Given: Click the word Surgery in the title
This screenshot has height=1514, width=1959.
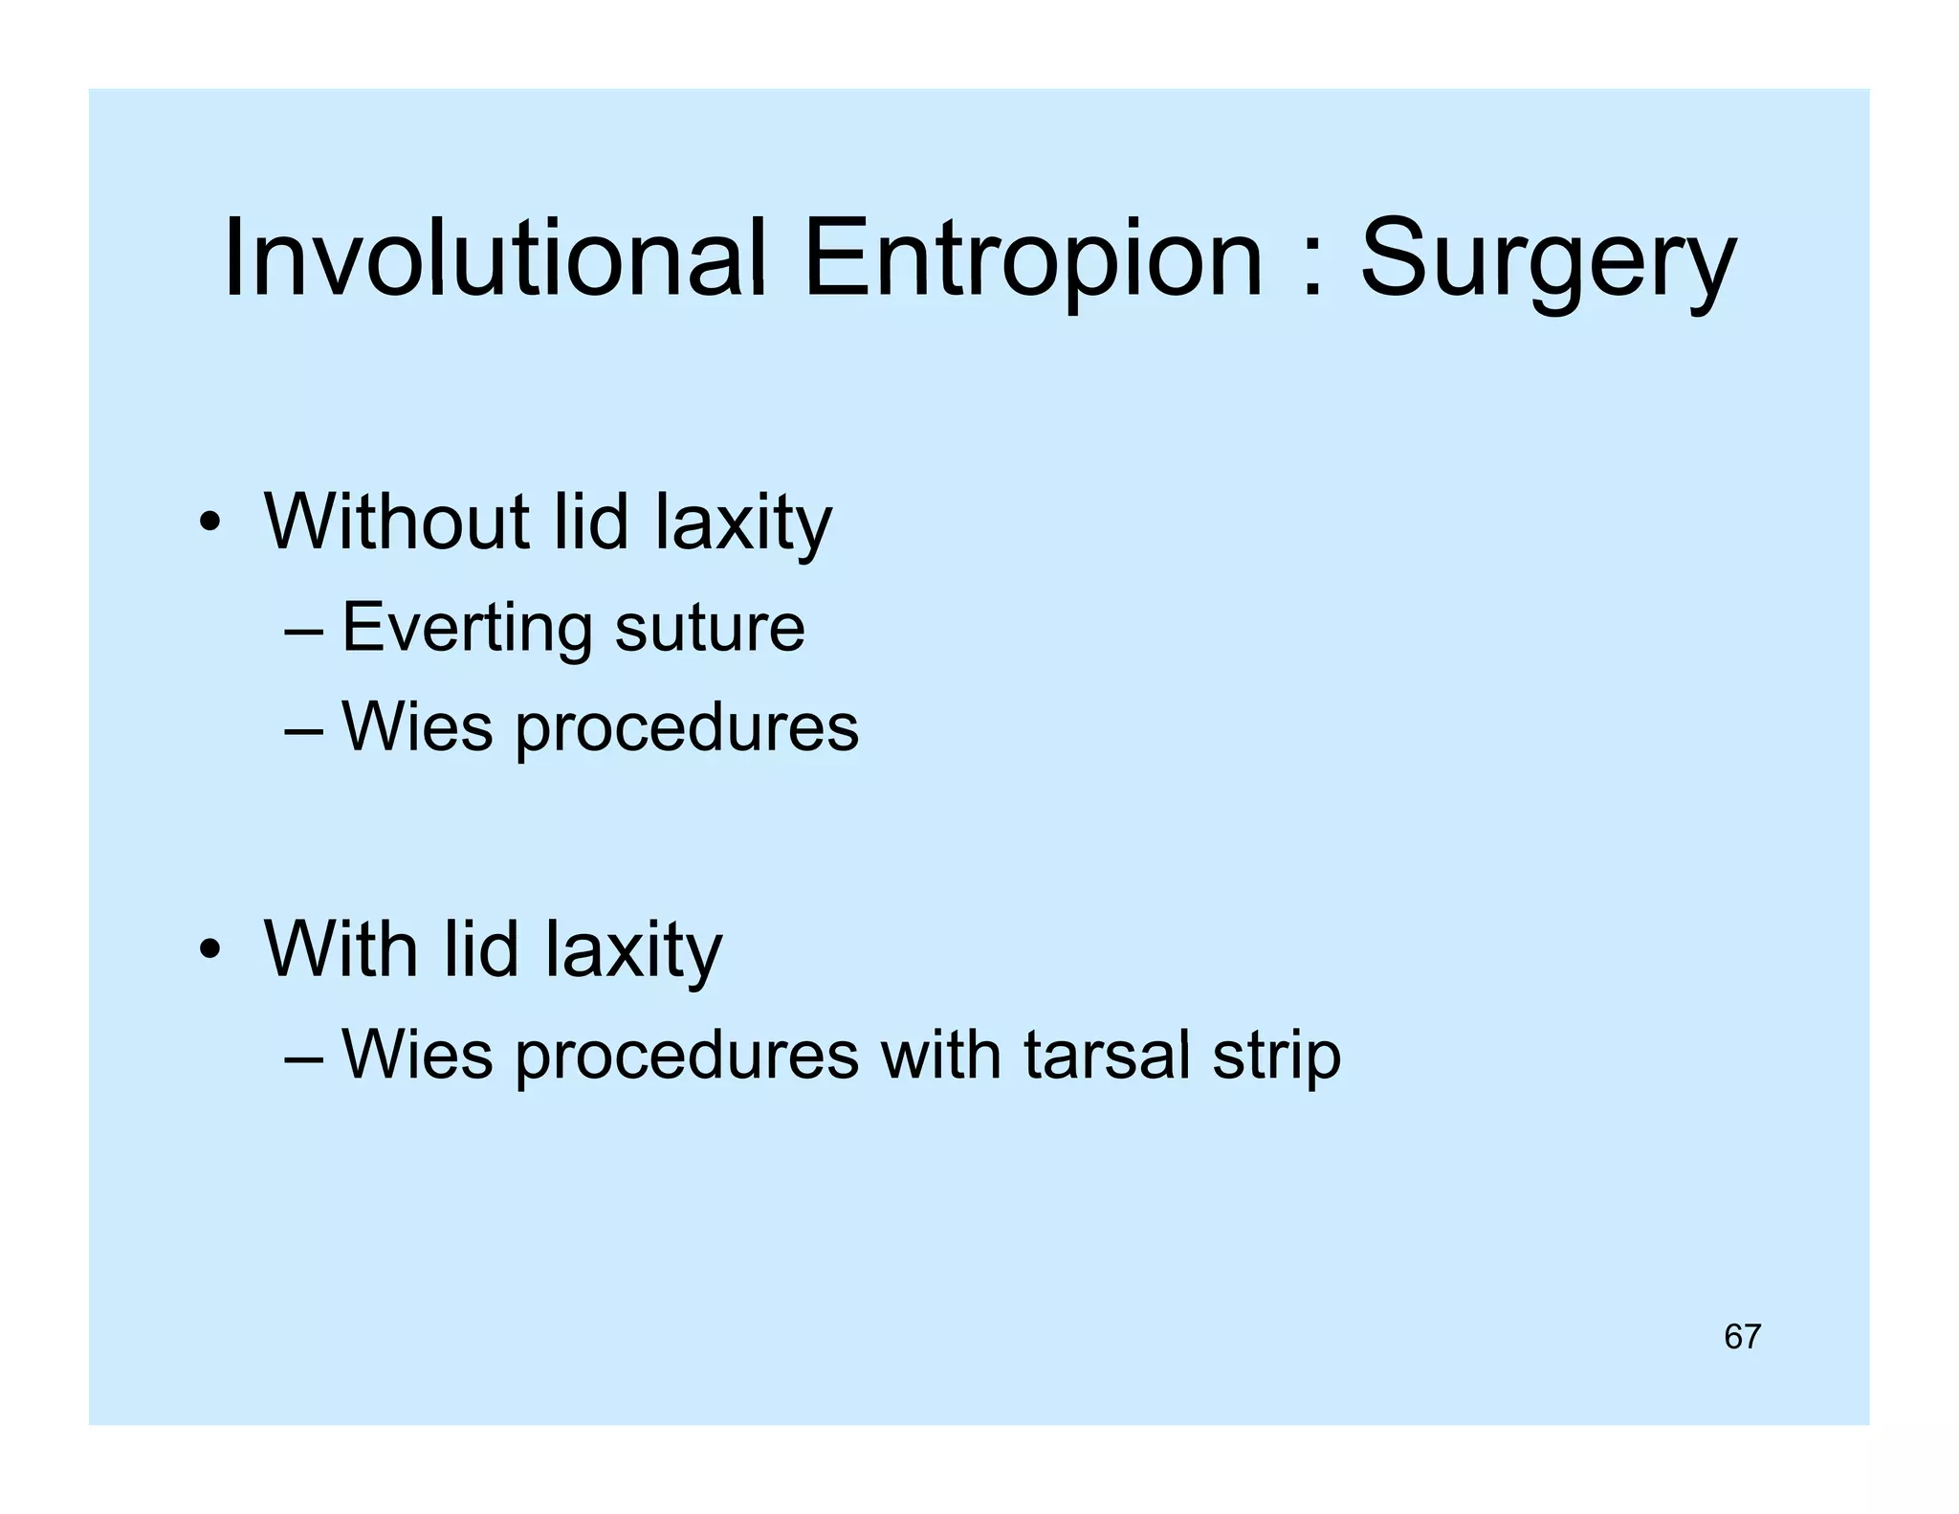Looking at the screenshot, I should point(1547,260).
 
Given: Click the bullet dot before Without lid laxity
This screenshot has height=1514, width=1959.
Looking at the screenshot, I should point(210,524).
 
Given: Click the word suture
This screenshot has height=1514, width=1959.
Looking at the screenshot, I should point(709,628).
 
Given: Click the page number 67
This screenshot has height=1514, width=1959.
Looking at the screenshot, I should point(1742,1336).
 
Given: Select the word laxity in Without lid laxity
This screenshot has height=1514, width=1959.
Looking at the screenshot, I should point(743,523).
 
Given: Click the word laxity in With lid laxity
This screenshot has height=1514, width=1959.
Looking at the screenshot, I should point(633,950).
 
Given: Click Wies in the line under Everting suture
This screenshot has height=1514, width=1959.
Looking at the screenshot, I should point(416,727).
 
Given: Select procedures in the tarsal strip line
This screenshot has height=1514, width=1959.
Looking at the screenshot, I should point(687,1057).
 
